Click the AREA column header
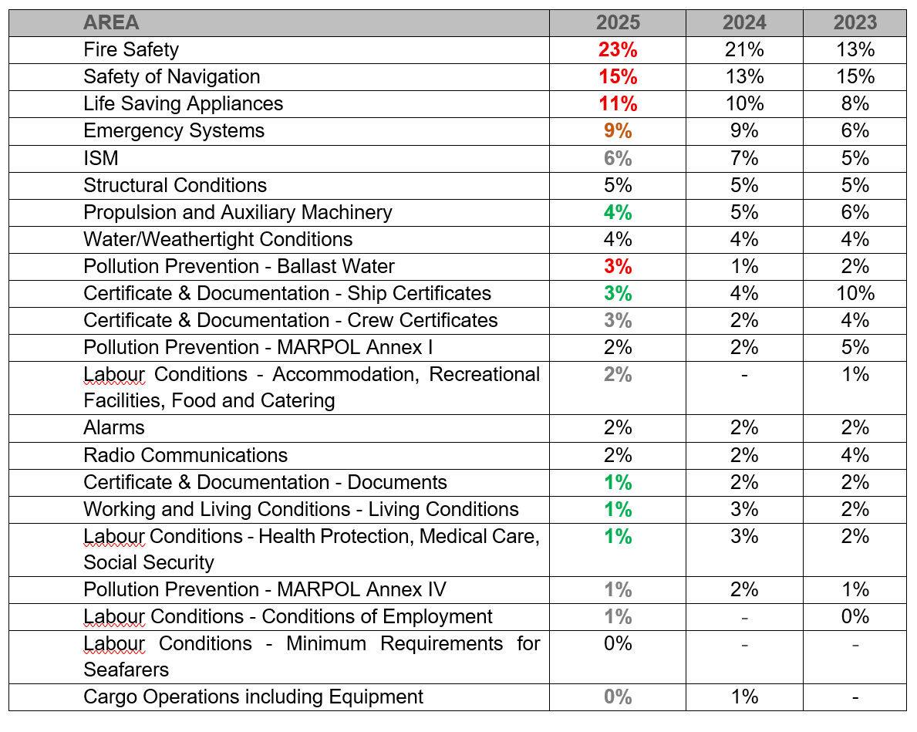click(x=111, y=23)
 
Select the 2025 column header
click(x=618, y=23)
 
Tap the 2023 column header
click(x=855, y=23)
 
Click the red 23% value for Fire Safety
click(x=618, y=49)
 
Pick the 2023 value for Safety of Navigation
click(x=855, y=76)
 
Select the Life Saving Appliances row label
click(x=183, y=103)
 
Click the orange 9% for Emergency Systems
click(x=618, y=130)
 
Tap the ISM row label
click(x=100, y=158)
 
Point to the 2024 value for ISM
click(x=744, y=158)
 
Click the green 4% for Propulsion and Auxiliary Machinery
click(x=618, y=212)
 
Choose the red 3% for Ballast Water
click(x=618, y=266)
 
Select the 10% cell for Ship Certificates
click(x=855, y=293)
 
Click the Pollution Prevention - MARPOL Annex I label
click(x=258, y=348)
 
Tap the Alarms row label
click(x=113, y=428)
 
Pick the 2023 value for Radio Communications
click(x=855, y=455)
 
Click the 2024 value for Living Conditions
click(x=744, y=509)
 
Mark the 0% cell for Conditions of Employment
click(x=855, y=616)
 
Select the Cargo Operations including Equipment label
click(x=253, y=697)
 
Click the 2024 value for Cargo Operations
click(x=744, y=697)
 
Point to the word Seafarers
click(x=126, y=670)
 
